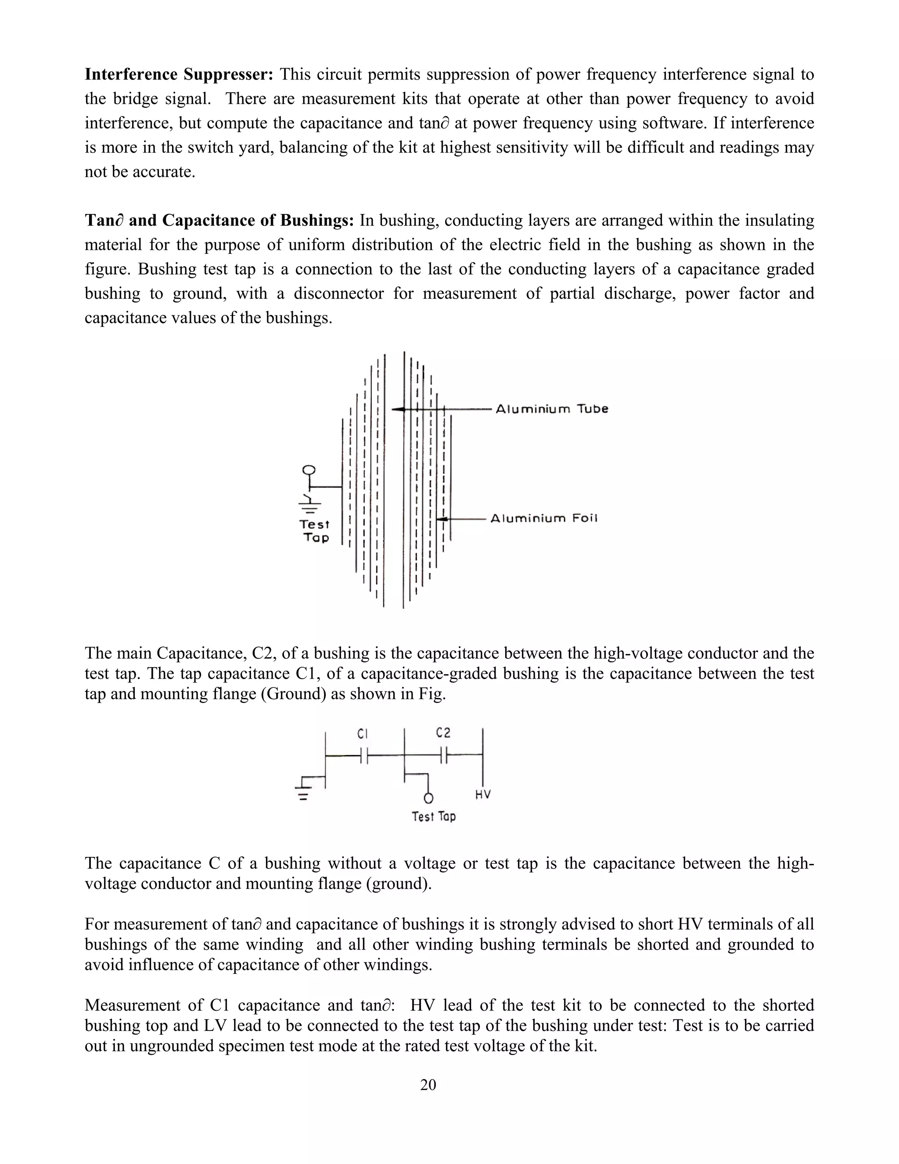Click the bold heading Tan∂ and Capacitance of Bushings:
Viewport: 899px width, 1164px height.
pos(219,221)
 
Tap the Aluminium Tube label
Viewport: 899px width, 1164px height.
pos(552,409)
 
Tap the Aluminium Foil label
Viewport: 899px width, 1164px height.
pos(544,519)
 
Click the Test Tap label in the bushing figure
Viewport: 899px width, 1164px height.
pos(315,531)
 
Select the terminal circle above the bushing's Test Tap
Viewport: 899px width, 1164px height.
pos(308,470)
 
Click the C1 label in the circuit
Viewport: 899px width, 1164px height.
pos(362,734)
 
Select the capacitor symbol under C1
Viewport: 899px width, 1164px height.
pos(364,755)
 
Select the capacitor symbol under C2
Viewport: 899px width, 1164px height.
pos(444,755)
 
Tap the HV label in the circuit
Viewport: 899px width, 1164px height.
pos(482,795)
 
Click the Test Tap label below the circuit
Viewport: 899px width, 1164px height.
pos(434,817)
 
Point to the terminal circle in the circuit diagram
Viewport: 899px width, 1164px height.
pos(428,798)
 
